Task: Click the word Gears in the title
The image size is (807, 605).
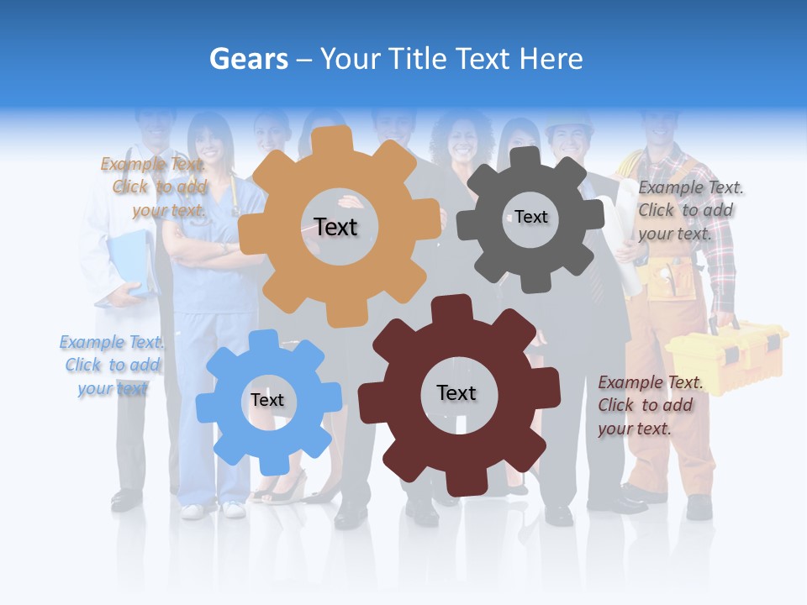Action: [248, 59]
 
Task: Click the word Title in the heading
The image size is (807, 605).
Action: [419, 59]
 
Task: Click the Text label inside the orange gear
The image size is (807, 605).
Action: [335, 227]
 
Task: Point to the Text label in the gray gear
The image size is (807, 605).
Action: [531, 217]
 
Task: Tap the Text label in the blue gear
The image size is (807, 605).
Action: [267, 400]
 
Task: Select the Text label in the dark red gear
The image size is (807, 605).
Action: [456, 392]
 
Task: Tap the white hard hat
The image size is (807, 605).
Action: [568, 124]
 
